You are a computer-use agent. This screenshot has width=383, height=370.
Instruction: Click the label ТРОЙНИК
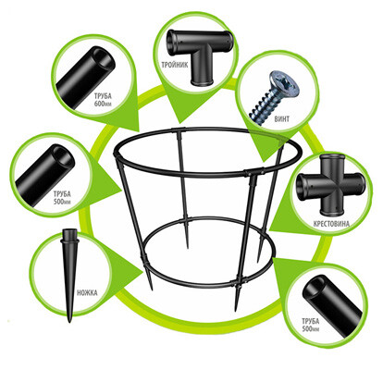click(174, 65)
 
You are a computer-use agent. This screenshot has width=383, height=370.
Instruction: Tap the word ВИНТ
click(281, 118)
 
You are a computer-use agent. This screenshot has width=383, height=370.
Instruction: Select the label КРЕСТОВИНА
click(331, 223)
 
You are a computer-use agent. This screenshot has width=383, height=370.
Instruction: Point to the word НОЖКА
click(87, 292)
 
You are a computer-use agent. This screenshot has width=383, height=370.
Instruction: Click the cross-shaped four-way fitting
click(329, 184)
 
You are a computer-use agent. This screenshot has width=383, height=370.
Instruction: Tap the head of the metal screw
click(284, 82)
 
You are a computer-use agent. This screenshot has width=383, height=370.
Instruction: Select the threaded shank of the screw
click(266, 107)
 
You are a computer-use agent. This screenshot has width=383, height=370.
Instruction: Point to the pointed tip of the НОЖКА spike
click(69, 321)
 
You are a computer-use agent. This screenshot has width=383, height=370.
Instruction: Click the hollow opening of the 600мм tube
click(104, 58)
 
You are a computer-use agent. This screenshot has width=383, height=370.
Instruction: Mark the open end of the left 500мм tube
click(63, 155)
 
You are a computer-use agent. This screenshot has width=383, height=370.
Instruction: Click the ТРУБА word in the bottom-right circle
click(311, 322)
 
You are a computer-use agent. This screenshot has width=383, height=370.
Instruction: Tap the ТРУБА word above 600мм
click(103, 96)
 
